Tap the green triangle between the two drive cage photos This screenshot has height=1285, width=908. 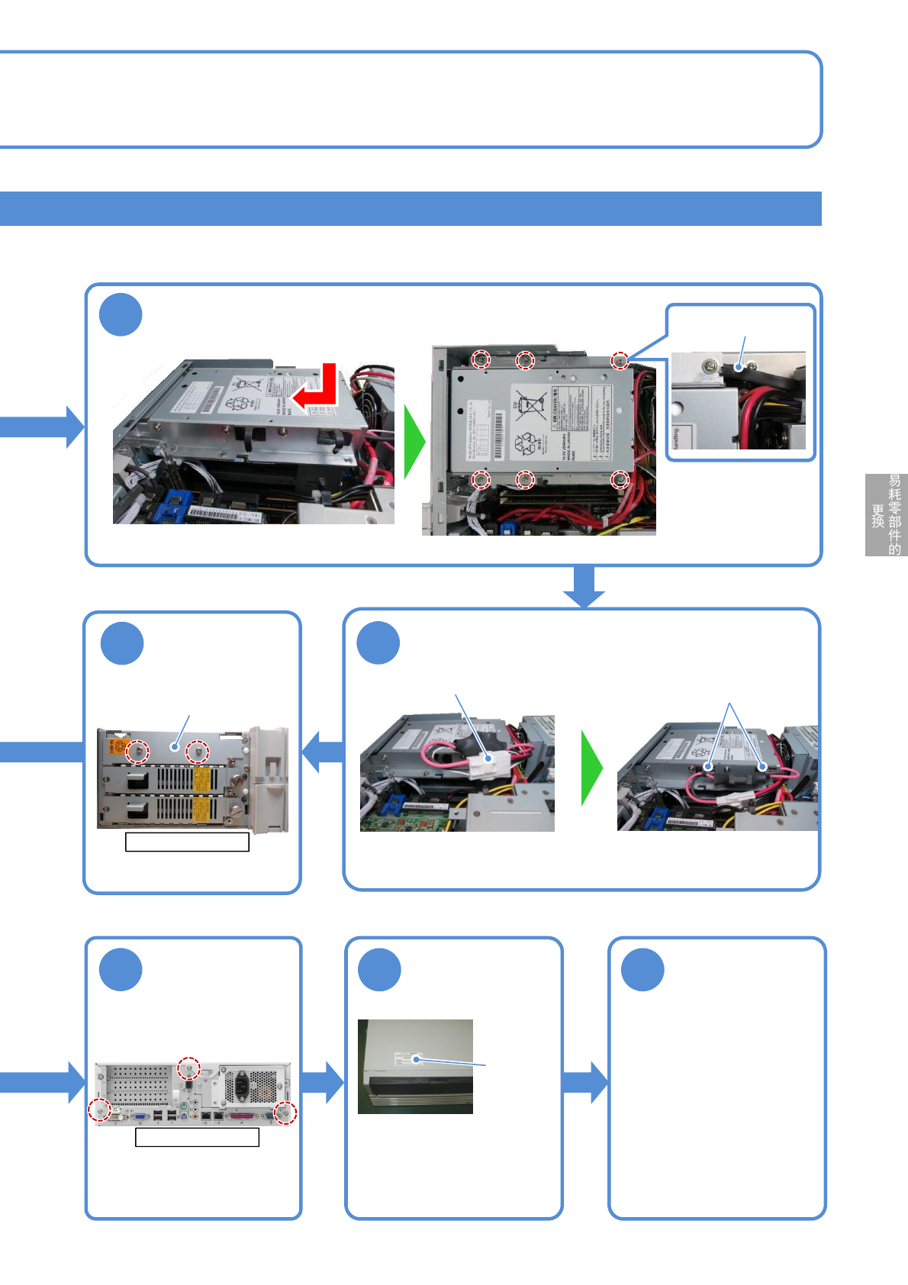click(x=413, y=442)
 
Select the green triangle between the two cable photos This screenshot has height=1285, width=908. click(x=591, y=768)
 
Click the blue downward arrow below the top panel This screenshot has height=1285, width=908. click(x=584, y=586)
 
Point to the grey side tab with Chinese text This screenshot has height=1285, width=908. click(x=886, y=515)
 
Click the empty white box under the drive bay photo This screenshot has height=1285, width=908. click(x=187, y=842)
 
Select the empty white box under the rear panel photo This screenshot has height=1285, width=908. click(x=197, y=1137)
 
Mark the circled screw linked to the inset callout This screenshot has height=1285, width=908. click(x=620, y=360)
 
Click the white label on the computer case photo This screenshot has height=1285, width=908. click(x=407, y=1058)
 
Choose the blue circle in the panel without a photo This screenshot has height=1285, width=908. click(x=642, y=970)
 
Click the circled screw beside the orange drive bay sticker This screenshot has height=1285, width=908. click(x=137, y=751)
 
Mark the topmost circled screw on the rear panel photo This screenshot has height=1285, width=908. click(x=188, y=1069)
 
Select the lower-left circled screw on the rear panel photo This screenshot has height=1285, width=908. click(x=99, y=1110)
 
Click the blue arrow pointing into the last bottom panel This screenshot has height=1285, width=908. click(x=585, y=1082)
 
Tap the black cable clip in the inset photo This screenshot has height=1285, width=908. click(x=739, y=368)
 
